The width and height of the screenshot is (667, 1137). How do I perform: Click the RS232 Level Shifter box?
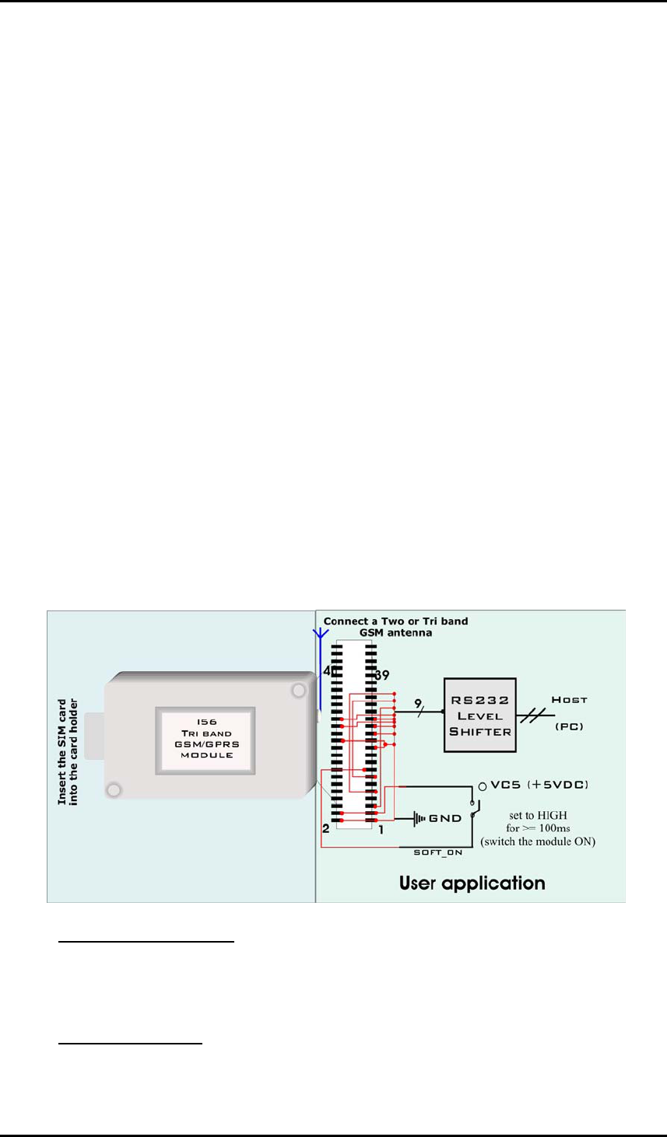(x=479, y=715)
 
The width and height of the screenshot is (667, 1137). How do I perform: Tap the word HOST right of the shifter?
(x=569, y=700)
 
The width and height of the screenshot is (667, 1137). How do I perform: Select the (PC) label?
(x=569, y=726)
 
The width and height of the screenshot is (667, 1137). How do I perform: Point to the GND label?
(x=445, y=818)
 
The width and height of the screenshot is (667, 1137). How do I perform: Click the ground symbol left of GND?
(x=420, y=818)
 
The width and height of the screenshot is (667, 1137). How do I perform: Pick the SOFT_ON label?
(x=437, y=852)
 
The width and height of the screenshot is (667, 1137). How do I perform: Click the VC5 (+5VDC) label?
(x=539, y=785)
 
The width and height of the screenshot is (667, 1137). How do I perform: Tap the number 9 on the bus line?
(x=418, y=704)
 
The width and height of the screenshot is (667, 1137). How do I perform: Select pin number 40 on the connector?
(x=329, y=671)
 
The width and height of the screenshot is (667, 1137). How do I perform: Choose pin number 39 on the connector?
(x=381, y=676)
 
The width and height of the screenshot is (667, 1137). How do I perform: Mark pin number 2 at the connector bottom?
(x=326, y=829)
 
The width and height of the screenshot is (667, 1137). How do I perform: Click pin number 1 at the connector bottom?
(x=381, y=830)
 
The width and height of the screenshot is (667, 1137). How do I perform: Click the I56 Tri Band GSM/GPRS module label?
(x=206, y=739)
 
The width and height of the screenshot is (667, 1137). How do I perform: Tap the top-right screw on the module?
(x=298, y=690)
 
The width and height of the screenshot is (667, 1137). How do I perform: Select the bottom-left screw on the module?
(x=114, y=790)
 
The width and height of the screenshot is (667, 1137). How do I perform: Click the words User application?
(x=472, y=883)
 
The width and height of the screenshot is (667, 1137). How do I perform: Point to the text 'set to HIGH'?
(x=538, y=815)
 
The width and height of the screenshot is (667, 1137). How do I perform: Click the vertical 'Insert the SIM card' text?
(x=68, y=751)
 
